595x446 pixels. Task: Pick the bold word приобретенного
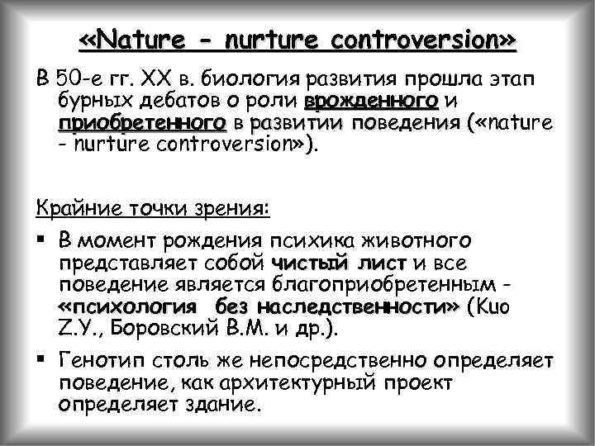141,124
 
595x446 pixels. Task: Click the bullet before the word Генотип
42,362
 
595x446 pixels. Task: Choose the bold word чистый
305,264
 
